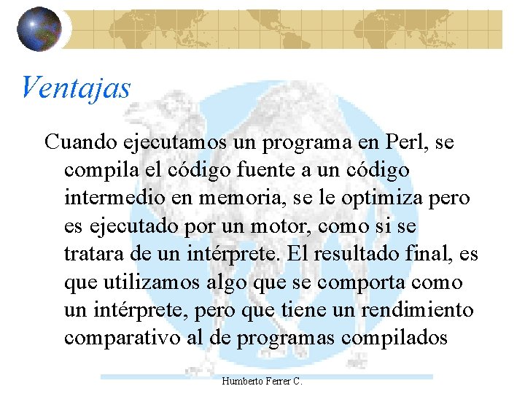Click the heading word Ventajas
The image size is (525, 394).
[76, 88]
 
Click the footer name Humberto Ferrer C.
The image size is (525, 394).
[262, 382]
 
